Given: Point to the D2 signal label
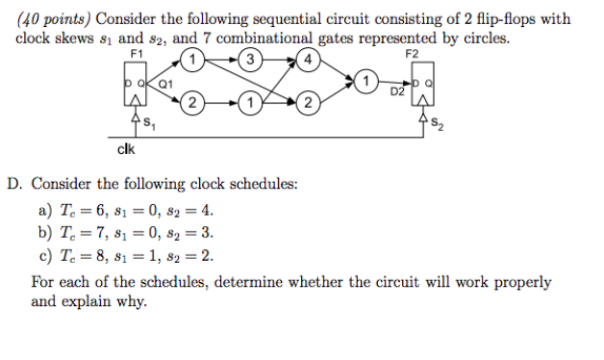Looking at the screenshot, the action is click(x=396, y=92).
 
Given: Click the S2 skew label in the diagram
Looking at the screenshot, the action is click(x=439, y=121).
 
